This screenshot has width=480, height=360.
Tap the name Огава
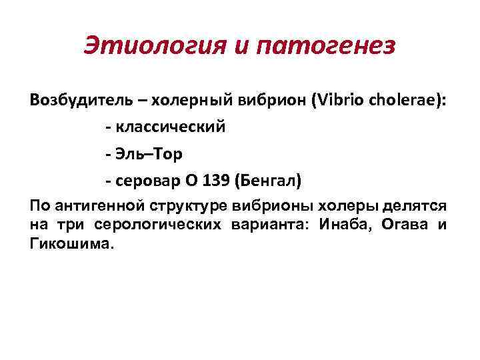click(x=404, y=225)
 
